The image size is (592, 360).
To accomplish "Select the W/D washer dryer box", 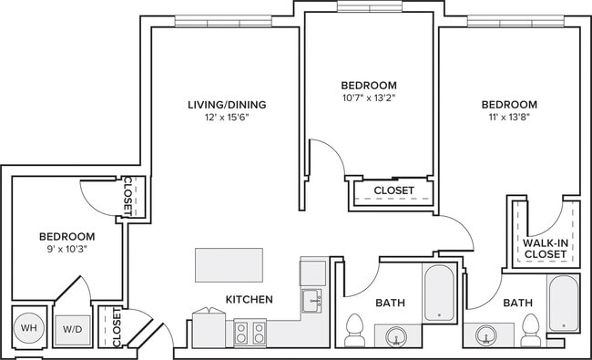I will (x=71, y=328).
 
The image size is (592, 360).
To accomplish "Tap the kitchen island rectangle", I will (x=229, y=265).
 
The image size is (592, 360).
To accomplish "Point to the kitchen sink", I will (x=312, y=300).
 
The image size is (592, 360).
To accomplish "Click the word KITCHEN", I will (x=249, y=299).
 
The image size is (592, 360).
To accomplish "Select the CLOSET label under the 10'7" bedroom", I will (x=393, y=190).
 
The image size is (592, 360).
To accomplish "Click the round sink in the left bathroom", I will (x=397, y=336).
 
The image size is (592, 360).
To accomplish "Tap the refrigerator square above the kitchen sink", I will (x=312, y=272).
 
